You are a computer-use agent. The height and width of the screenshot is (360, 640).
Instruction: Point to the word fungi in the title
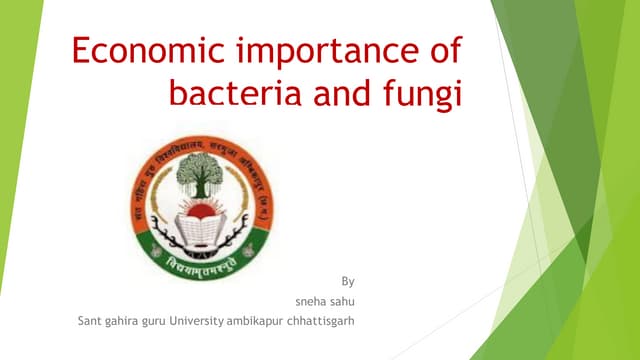tap(425, 95)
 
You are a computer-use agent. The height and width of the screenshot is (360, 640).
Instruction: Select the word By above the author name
tap(348, 281)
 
